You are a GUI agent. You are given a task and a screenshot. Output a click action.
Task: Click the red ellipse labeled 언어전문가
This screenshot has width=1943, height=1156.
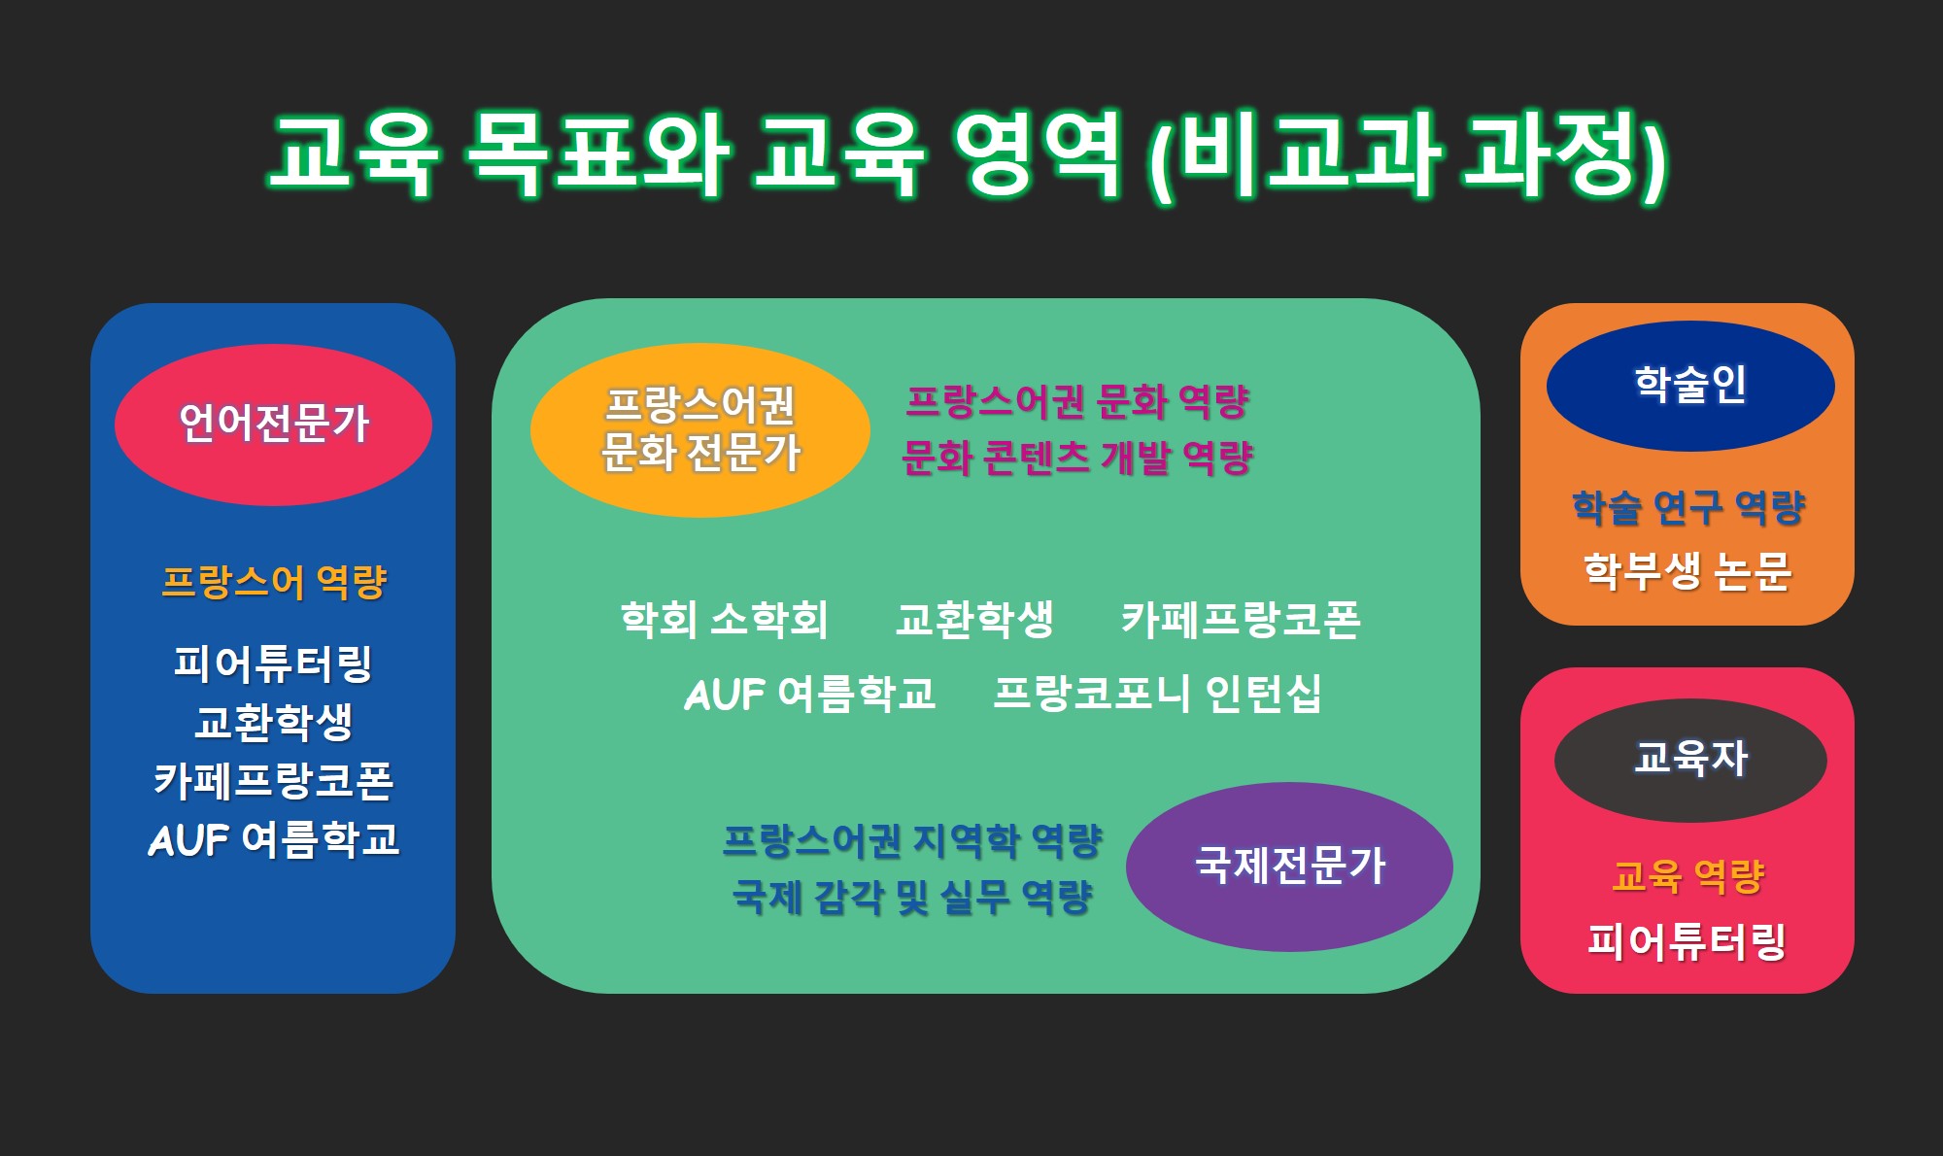coord(273,425)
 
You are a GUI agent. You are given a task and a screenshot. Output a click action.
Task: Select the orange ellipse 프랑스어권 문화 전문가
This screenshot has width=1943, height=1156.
coord(699,429)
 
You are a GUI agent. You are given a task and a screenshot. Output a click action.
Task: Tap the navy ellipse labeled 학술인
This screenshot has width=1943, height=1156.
coord(1690,386)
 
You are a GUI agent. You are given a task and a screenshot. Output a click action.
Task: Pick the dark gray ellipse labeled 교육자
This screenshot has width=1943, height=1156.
coord(1690,760)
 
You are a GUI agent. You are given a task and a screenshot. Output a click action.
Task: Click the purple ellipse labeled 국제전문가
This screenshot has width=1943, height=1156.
coord(1289,866)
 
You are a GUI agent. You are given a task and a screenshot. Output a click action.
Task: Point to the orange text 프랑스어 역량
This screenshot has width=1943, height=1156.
coord(274,583)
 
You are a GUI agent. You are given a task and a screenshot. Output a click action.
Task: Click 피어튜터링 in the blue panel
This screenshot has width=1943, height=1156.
coord(273,663)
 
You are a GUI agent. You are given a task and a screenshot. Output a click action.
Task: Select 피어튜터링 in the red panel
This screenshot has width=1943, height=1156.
coord(1687,941)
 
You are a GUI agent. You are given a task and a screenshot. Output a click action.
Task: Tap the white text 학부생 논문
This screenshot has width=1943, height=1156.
coord(1687,571)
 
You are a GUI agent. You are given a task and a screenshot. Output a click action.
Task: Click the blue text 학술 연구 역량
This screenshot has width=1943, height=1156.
coord(1688,508)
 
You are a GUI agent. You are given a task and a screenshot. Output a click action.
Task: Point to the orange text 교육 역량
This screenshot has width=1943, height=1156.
coord(1687,876)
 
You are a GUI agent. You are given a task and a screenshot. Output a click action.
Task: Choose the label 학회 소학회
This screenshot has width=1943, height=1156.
coord(724,620)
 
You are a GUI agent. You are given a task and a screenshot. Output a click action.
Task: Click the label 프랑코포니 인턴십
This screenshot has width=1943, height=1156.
coord(1157,694)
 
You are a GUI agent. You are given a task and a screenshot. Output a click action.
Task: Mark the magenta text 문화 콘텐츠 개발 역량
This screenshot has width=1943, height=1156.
coord(1077,458)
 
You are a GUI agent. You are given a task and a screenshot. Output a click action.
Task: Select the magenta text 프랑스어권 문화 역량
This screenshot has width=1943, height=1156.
coord(1077,401)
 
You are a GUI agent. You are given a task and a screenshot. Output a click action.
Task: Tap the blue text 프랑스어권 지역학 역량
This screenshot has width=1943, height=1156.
coord(912,841)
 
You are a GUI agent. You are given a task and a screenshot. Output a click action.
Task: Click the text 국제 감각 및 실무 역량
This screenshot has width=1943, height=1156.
coord(912,897)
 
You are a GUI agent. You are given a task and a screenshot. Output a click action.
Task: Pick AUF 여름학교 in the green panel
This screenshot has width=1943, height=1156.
coord(810,694)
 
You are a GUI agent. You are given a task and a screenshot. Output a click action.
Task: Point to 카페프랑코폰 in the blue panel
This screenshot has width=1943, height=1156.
coord(273,781)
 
